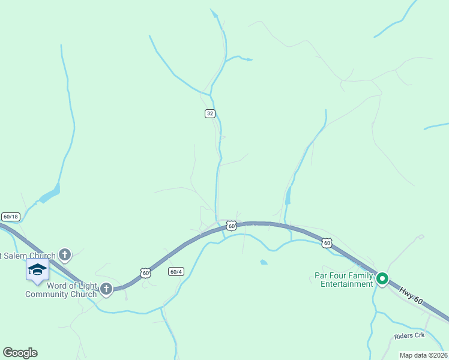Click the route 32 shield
209,113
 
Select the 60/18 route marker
10,217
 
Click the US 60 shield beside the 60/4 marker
145,272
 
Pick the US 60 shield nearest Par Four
326,242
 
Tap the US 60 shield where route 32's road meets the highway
231,226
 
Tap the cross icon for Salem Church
65,256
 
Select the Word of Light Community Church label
61,290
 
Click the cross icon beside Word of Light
106,289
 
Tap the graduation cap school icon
37,269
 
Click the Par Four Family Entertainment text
343,280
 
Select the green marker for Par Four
382,278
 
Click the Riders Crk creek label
409,335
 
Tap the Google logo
20,353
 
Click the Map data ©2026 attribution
423,355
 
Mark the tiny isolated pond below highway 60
264,262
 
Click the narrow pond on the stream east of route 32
288,196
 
